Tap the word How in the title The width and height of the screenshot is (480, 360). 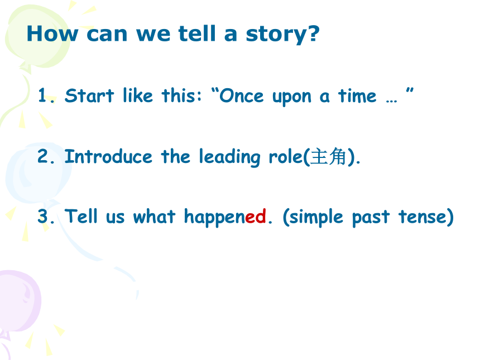[x=52, y=33]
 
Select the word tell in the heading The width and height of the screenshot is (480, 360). [x=197, y=33]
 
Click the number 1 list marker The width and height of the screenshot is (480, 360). [x=46, y=95]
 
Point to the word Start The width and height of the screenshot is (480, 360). [x=89, y=95]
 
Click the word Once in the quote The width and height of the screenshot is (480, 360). [x=242, y=96]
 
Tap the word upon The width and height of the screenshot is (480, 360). [x=292, y=97]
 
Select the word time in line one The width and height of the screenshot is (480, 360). [x=357, y=96]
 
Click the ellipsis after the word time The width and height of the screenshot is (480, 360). [x=391, y=100]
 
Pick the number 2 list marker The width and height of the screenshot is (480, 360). [x=46, y=156]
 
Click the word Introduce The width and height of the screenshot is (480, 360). [x=108, y=156]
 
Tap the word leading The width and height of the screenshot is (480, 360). [x=229, y=157]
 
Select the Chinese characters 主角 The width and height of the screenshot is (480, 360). [x=328, y=156]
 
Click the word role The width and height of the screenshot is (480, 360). [x=286, y=156]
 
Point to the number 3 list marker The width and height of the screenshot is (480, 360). [x=46, y=217]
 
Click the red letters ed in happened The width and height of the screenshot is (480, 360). [x=255, y=217]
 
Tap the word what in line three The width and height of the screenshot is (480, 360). [x=154, y=217]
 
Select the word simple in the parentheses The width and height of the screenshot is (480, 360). [x=316, y=218]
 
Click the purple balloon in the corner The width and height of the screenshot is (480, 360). [x=19, y=301]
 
